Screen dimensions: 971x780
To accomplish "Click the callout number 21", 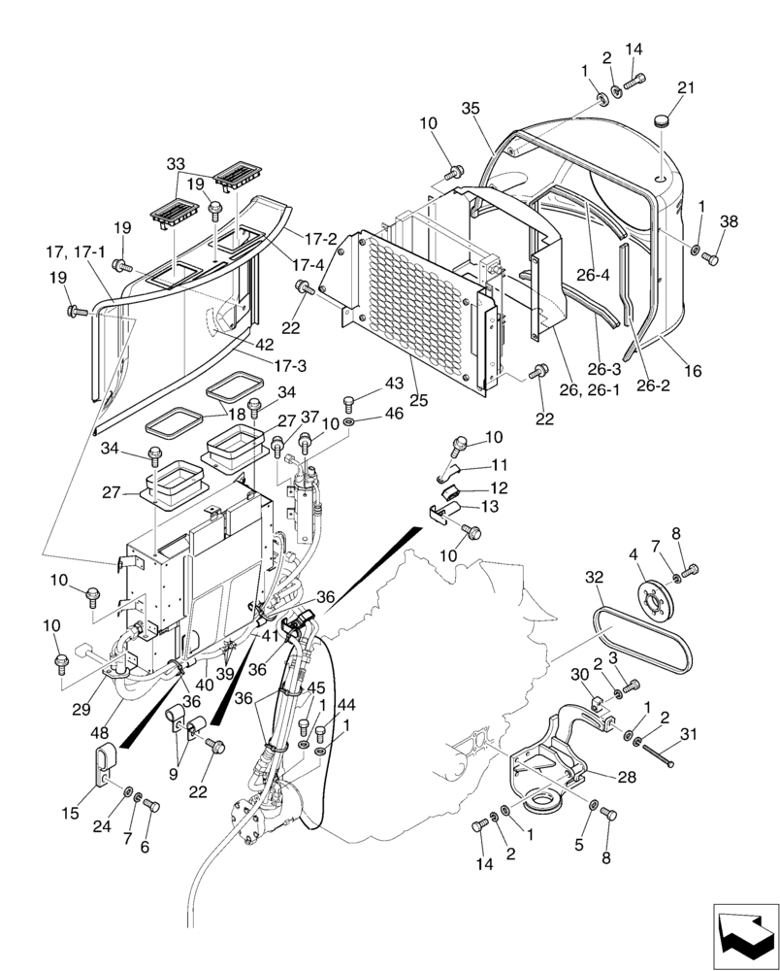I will coord(686,87).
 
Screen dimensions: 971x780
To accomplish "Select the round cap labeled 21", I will coord(664,121).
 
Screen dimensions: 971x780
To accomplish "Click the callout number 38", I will coord(729,221).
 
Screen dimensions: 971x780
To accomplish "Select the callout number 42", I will coord(264,344).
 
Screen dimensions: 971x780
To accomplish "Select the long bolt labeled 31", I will coord(658,753).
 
